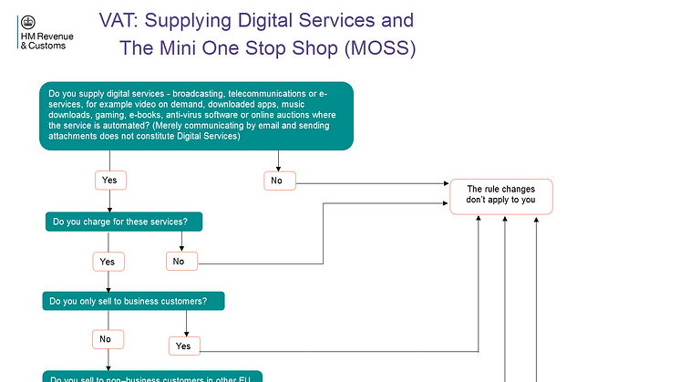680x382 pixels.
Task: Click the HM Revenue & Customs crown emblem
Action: [x=26, y=22]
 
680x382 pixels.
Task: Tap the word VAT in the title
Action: [x=118, y=20]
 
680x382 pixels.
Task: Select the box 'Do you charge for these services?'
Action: [x=123, y=222]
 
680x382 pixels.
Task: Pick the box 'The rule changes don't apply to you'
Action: [x=500, y=195]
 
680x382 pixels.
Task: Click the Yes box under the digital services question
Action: [x=109, y=181]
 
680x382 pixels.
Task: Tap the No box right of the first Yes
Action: [x=277, y=181]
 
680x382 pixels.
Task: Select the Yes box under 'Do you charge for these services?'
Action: [x=108, y=262]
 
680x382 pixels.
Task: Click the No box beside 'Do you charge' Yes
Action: [x=179, y=262]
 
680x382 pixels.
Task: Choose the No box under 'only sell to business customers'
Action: [x=106, y=339]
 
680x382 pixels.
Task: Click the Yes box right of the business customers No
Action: [x=182, y=346]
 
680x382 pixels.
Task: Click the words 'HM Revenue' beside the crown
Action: [x=46, y=36]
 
